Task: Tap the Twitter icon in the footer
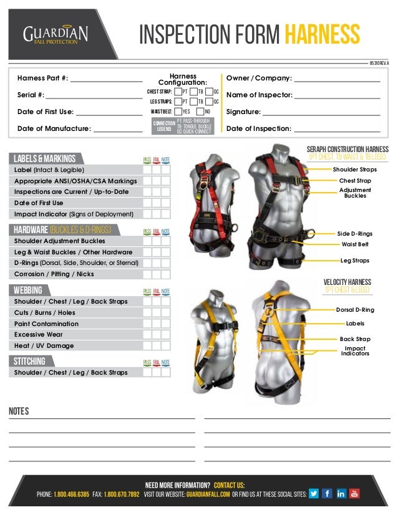(x=313, y=493)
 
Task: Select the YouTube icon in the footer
(x=354, y=493)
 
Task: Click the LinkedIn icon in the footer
(x=341, y=493)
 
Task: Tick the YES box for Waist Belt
(x=178, y=112)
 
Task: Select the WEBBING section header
(x=29, y=291)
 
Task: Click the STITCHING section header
(x=30, y=362)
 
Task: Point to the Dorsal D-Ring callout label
(x=355, y=310)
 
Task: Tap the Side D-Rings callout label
(x=354, y=233)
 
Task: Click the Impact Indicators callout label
(x=354, y=351)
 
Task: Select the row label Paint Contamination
(x=47, y=324)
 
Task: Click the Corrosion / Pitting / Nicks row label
(x=54, y=274)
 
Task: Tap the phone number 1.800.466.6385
(x=72, y=494)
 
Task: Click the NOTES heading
(x=19, y=411)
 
